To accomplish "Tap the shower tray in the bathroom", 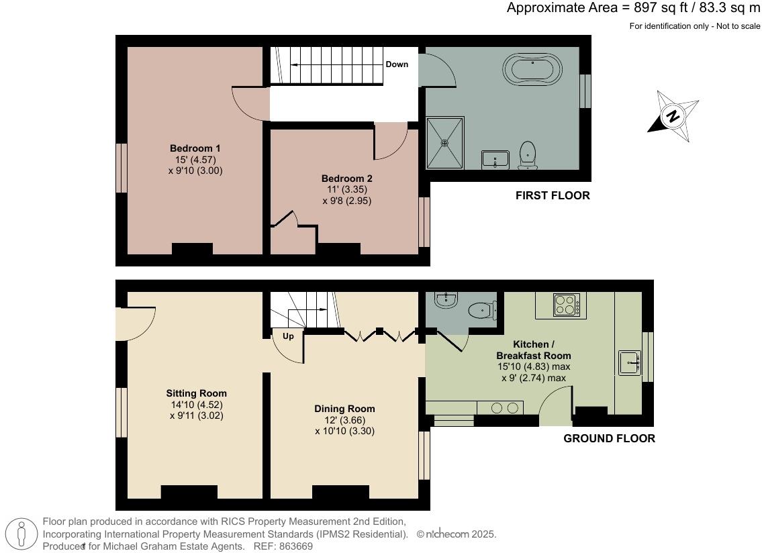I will coord(445,142).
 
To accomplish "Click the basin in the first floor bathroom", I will coord(495,160).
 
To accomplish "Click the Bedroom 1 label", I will coord(195,148).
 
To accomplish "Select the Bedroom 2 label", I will coord(346,179).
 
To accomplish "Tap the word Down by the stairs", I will coord(397,64).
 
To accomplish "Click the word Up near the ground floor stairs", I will coord(288,336).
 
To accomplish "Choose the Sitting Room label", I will coord(196,393).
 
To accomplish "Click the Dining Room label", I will coord(344,409).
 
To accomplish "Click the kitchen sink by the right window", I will coord(629,362).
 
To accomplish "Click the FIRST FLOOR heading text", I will coord(552,196).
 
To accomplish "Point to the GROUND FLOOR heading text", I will coord(608,438).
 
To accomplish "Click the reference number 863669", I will coord(295,546).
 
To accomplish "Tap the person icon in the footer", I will coord(23,534).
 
